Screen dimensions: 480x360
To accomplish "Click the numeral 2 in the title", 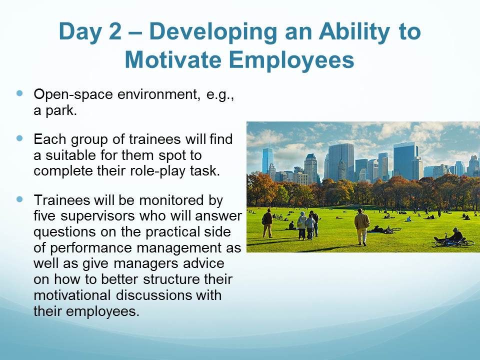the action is point(115,31).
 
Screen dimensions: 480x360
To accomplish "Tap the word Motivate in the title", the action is point(173,59).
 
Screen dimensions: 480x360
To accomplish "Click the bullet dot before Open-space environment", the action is point(20,93).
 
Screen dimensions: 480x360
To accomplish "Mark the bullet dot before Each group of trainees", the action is point(20,138).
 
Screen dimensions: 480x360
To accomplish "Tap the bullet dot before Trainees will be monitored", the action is point(20,199).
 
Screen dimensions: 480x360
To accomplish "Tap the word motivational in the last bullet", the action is point(72,295).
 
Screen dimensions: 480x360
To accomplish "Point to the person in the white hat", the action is point(302,225).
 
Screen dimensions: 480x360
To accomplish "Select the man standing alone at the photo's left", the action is point(267,223).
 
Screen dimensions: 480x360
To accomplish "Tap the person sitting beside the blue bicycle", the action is point(455,235).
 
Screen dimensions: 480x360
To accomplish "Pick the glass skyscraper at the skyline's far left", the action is point(267,160).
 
